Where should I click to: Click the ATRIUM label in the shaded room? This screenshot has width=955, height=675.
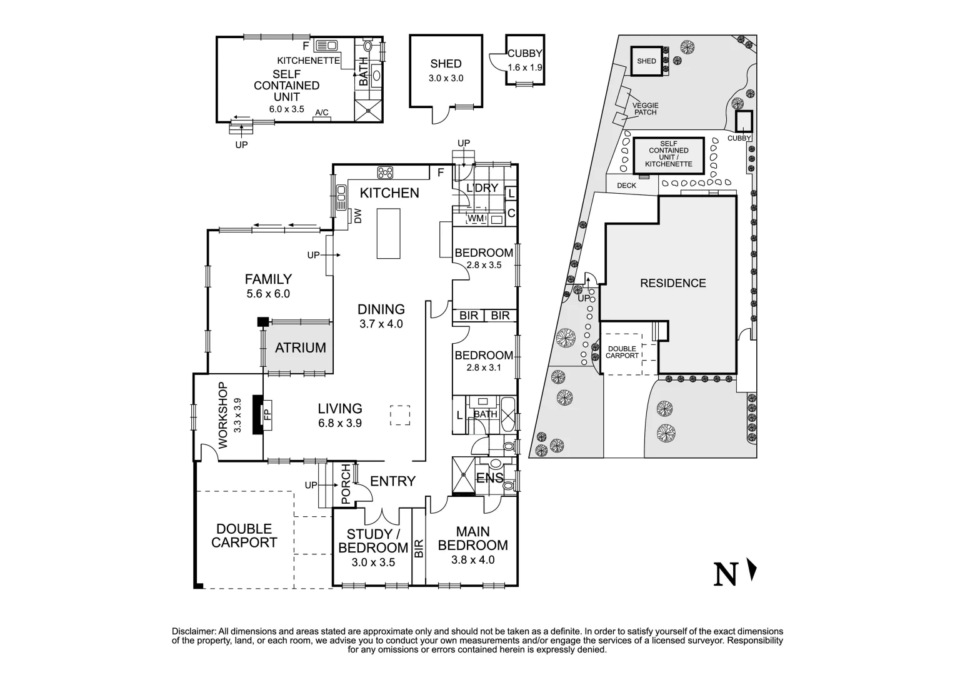point(300,348)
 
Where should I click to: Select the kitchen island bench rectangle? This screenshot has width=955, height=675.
point(388,233)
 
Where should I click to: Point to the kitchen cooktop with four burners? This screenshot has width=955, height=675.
point(385,172)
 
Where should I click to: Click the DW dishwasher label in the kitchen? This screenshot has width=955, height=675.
point(357,216)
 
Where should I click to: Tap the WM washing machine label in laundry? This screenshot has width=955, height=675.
point(476,219)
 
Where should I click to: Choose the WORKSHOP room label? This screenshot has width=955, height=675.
point(223,416)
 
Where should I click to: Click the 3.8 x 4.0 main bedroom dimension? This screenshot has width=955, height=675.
point(472,559)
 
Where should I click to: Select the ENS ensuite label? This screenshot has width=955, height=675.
point(490,478)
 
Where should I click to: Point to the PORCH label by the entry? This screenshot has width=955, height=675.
point(346,484)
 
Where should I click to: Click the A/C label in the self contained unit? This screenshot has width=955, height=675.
point(322,112)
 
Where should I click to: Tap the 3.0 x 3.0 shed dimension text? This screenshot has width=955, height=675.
point(446,79)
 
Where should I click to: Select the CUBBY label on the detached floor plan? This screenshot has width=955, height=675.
point(525,53)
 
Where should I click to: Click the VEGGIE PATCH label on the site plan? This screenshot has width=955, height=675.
point(646,109)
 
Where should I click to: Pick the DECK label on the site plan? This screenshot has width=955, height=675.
point(626,186)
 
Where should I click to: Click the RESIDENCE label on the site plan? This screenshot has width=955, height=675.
point(672,283)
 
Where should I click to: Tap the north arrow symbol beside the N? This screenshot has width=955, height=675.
point(752,569)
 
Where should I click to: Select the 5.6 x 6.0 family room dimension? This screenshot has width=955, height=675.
point(268,294)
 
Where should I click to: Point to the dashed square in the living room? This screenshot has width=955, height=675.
point(400,416)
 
